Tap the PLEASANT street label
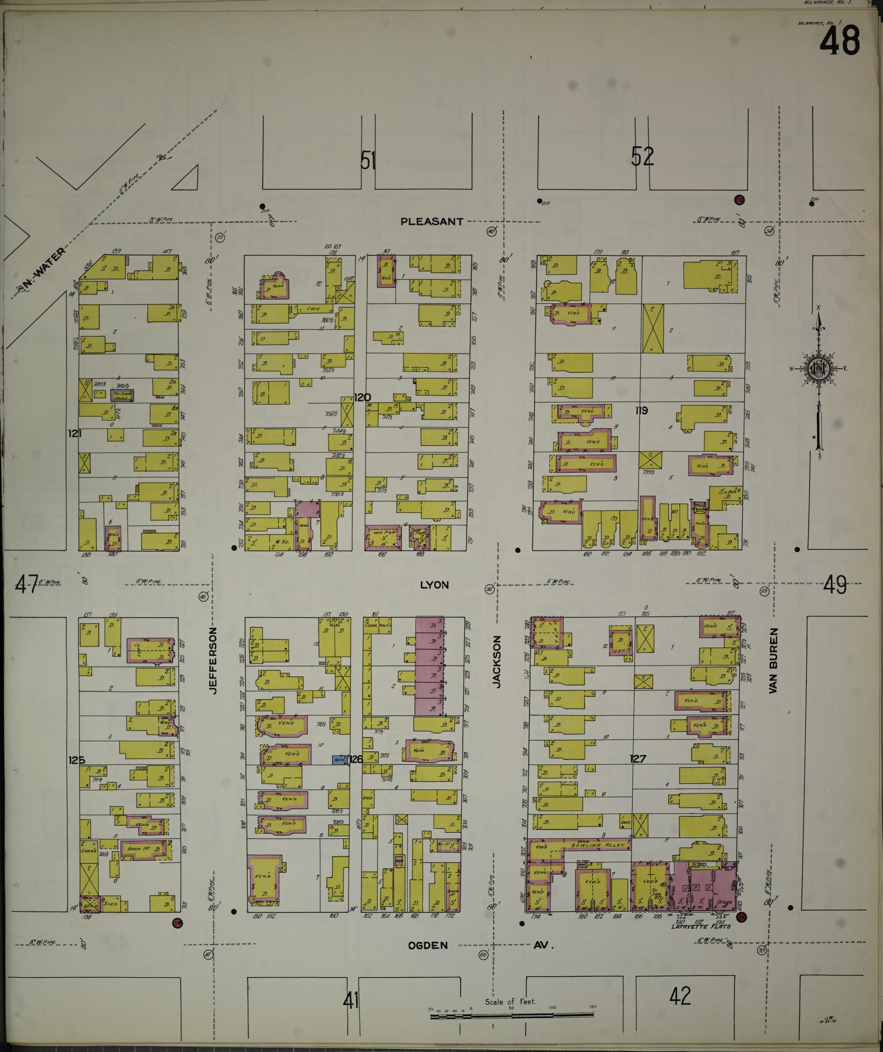432,221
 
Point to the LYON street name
434,585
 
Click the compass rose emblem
818,369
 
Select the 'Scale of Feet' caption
510,1002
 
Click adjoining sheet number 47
27,584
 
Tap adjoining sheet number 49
835,584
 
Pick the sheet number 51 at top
368,160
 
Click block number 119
641,411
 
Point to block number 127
638,759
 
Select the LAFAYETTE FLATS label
700,926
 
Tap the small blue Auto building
339,759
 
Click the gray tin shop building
122,395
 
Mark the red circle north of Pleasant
739,200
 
